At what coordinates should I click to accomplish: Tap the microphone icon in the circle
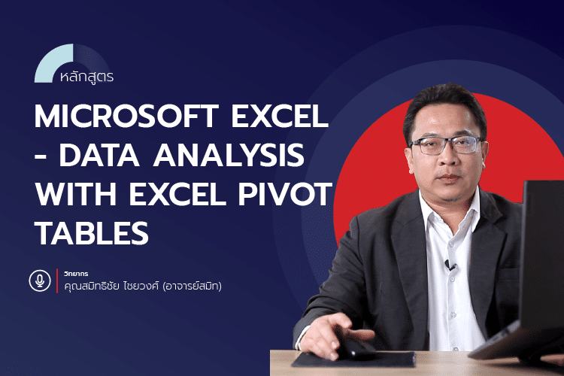point(38,280)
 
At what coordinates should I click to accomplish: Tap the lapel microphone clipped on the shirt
point(450,265)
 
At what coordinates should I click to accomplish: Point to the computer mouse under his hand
point(353,350)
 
